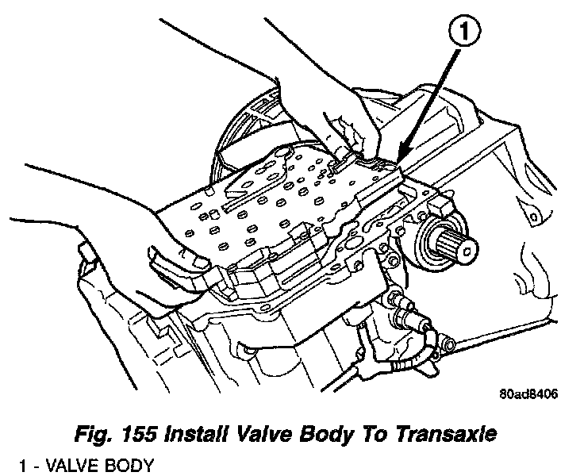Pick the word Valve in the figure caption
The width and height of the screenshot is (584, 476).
click(280, 433)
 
